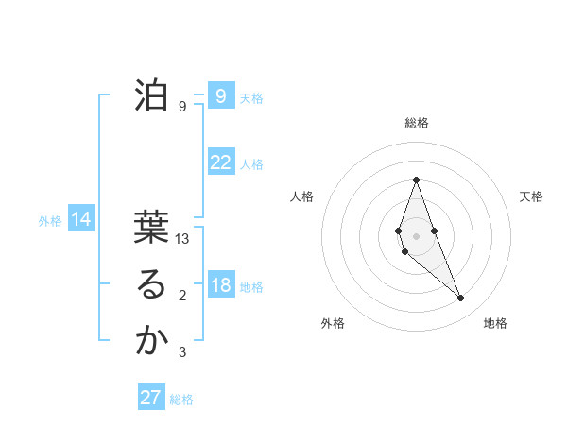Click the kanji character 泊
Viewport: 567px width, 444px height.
[151, 95]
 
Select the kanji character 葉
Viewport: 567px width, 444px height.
[151, 230]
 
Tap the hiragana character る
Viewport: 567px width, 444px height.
[151, 286]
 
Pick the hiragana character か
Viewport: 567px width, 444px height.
[151, 342]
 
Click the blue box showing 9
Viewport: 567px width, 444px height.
[220, 96]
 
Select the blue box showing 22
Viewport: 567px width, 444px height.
[220, 162]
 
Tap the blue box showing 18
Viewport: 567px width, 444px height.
[220, 285]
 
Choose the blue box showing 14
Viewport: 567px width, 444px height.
[80, 220]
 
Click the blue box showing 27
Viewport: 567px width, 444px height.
[150, 398]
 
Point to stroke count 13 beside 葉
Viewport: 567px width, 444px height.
[183, 240]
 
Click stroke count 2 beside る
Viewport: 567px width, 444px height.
[182, 297]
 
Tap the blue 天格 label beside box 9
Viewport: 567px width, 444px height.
[250, 98]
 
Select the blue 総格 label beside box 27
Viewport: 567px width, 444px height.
[181, 400]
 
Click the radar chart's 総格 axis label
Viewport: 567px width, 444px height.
[416, 123]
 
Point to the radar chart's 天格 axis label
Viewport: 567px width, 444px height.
[531, 196]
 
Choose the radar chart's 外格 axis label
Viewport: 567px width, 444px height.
[332, 323]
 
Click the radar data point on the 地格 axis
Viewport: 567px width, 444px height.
[461, 299]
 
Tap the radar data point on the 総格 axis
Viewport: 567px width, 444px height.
[416, 179]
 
